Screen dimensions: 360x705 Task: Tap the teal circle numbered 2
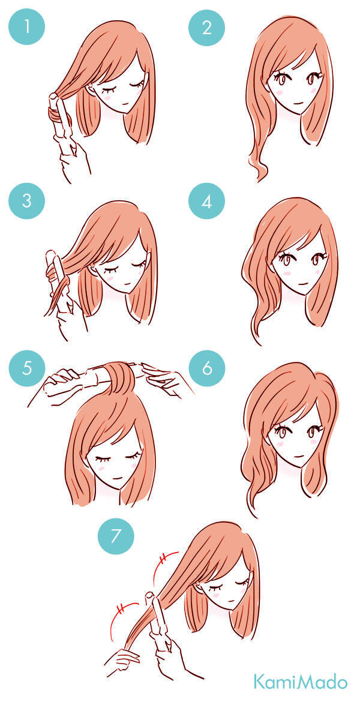[206, 28]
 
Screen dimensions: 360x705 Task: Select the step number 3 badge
[26, 200]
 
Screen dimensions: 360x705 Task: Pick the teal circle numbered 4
[206, 201]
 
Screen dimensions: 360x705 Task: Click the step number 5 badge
[27, 368]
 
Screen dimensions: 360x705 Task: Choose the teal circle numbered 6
[207, 368]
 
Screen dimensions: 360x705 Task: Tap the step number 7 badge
[116, 535]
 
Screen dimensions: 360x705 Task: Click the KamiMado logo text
[300, 681]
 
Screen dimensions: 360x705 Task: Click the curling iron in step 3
[58, 279]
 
